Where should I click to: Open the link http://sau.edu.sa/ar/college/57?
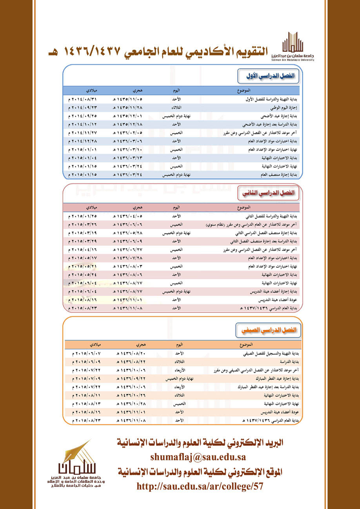200,487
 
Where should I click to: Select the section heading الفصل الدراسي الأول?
269,75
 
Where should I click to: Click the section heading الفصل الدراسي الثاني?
269,193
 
